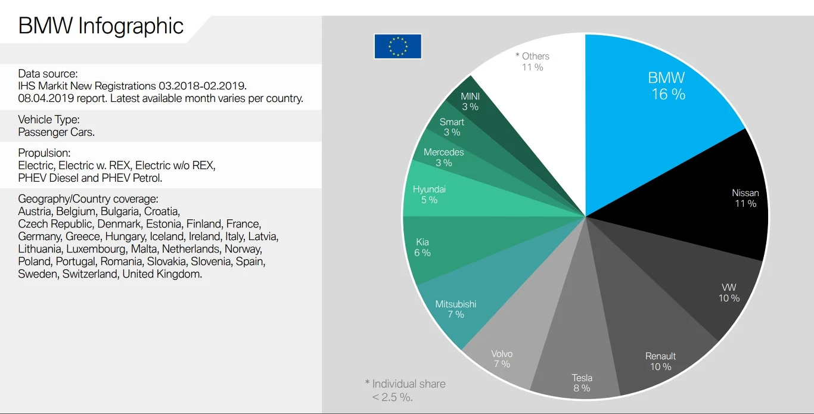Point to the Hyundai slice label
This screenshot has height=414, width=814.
coord(429,195)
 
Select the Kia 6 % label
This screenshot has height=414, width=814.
coord(422,247)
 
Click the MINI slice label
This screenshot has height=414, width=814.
coord(470,101)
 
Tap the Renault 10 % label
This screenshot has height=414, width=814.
coord(660,362)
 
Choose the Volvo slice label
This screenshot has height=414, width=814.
coord(502,359)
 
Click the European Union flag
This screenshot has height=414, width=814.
coord(397,46)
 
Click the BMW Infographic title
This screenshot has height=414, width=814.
coord(101,26)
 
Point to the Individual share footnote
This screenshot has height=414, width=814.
coord(405,390)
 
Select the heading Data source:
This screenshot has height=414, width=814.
coord(48,74)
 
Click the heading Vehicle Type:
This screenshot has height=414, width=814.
coord(49,119)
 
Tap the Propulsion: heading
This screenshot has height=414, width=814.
coord(44,152)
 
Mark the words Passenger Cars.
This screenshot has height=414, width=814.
coord(57,132)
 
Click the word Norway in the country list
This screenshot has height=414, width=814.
coord(244,249)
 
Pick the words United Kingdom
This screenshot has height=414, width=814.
coord(161,275)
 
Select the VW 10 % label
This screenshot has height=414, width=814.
coord(729,292)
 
